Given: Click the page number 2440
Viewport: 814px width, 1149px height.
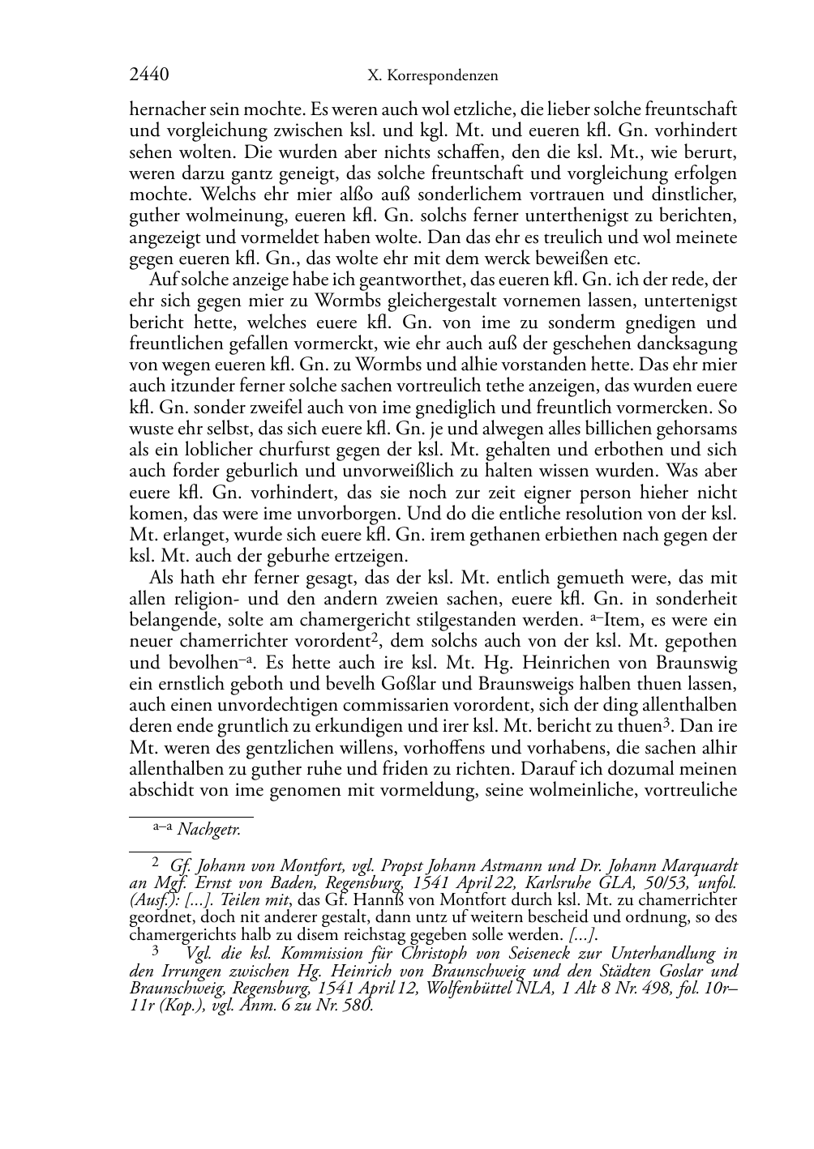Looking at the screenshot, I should [x=149, y=75].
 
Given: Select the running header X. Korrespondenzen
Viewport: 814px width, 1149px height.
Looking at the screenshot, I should [x=432, y=76].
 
